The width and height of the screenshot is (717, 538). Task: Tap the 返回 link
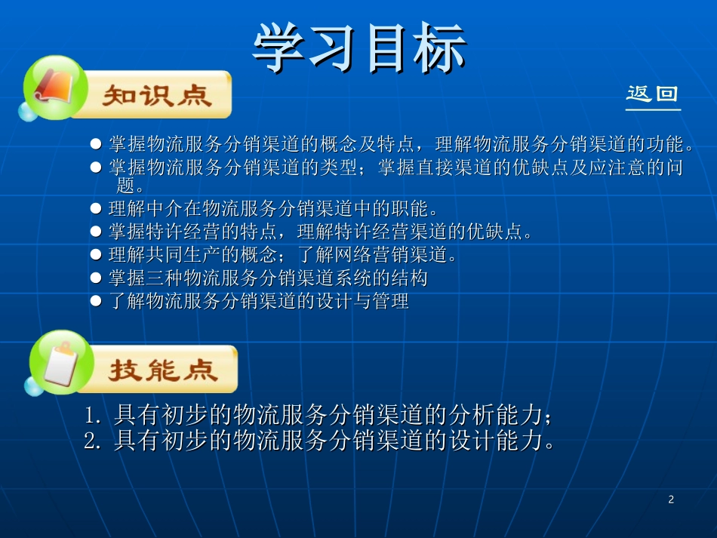pos(652,94)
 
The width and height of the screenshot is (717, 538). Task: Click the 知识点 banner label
pos(157,95)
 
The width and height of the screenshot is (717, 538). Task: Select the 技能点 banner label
pos(163,370)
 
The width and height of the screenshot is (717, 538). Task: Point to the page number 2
pos(671,500)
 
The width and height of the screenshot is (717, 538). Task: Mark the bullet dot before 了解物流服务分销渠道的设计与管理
pos(96,301)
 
